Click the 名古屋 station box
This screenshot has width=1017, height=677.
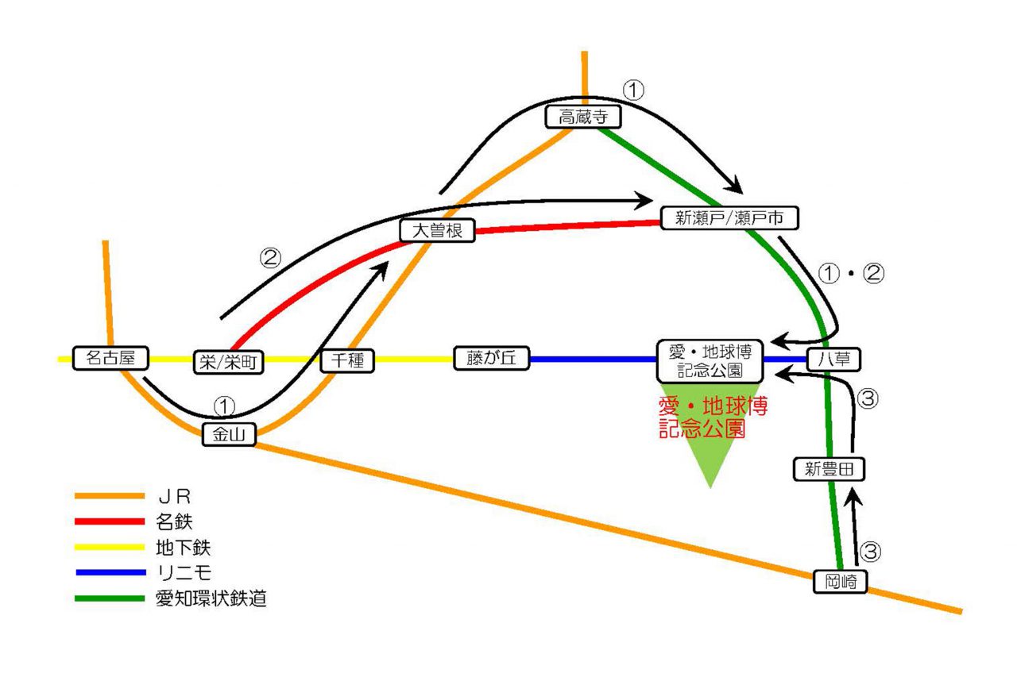click(x=111, y=358)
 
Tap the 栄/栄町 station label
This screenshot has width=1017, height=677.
click(x=229, y=361)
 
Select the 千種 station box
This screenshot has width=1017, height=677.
click(x=347, y=361)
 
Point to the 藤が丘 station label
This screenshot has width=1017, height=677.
click(x=486, y=359)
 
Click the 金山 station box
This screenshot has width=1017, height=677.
click(x=229, y=434)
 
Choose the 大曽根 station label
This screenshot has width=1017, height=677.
click(x=437, y=230)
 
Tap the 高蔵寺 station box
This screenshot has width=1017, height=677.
click(x=583, y=117)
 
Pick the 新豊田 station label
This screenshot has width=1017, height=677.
click(x=829, y=469)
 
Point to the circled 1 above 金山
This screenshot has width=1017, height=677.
click(x=225, y=406)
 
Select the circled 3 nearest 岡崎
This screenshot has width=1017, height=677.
click(x=872, y=552)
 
